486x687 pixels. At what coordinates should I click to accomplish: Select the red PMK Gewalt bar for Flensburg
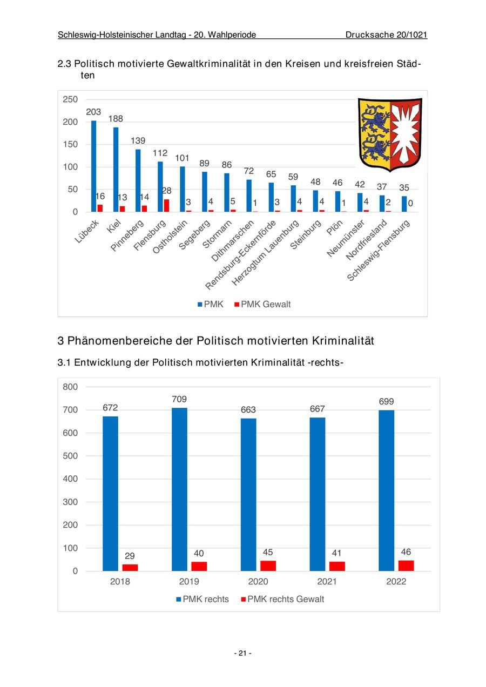tap(166, 205)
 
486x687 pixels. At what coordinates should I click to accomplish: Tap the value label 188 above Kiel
tap(116, 119)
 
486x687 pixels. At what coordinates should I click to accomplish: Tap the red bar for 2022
tap(406, 565)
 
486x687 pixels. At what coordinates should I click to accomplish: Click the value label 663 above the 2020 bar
tap(248, 410)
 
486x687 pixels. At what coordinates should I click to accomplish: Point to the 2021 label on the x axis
tap(327, 582)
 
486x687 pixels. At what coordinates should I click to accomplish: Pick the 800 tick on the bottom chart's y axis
tap(71, 387)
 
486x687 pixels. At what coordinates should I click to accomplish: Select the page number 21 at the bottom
tap(242, 653)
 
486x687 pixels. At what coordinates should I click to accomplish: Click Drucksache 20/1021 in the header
tap(386, 35)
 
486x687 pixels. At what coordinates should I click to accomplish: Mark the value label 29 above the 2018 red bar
tap(130, 556)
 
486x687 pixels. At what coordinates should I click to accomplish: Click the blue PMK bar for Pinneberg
tap(138, 180)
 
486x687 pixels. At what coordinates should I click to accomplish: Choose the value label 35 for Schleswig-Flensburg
tap(404, 188)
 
